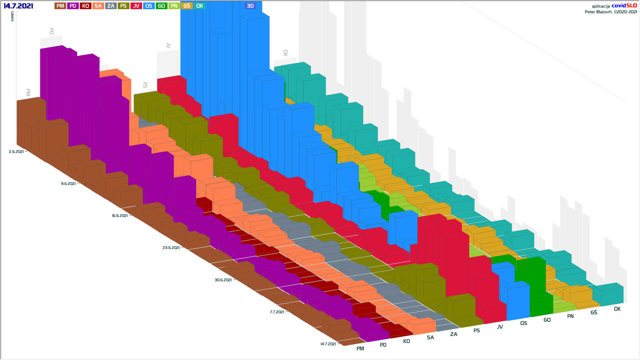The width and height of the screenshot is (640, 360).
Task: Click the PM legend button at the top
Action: [x=60, y=6]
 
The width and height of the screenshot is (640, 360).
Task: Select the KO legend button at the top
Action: [x=85, y=6]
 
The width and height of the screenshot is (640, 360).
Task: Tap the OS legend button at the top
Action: [x=149, y=6]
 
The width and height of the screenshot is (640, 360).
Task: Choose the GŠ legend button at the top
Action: [x=187, y=6]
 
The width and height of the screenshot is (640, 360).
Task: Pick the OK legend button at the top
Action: [x=199, y=6]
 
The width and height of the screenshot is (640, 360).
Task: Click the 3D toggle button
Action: [x=250, y=6]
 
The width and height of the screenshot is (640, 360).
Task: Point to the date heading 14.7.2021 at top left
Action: [x=18, y=6]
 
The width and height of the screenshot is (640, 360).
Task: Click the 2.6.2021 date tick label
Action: [x=16, y=152]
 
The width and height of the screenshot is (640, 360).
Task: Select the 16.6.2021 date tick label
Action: [x=120, y=216]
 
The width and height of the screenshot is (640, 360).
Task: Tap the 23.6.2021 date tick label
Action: [x=171, y=248]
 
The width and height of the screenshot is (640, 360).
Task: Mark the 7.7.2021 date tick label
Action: [x=277, y=312]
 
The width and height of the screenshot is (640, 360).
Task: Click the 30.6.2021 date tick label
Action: [x=223, y=280]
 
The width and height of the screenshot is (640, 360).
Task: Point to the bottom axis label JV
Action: [x=500, y=327]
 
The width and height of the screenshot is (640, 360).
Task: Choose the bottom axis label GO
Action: [x=547, y=320]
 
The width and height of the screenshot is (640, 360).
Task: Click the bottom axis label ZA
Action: [x=454, y=334]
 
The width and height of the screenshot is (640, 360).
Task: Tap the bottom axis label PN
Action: [x=570, y=316]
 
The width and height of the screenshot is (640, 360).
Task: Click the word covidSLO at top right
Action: [x=624, y=6]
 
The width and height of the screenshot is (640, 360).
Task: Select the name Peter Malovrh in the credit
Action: [x=598, y=12]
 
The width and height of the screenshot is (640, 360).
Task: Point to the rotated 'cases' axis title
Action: [x=12, y=16]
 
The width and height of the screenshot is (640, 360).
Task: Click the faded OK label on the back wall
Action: [x=285, y=53]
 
